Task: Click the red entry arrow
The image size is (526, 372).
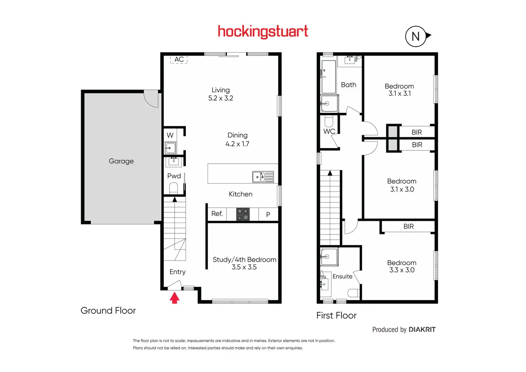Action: pyautogui.click(x=174, y=298)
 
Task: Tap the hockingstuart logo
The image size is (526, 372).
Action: pyautogui.click(x=263, y=32)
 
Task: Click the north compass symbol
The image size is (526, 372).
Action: pyautogui.click(x=416, y=36)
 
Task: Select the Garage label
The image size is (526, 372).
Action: pyautogui.click(x=121, y=161)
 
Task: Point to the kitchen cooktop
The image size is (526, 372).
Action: pyautogui.click(x=243, y=214)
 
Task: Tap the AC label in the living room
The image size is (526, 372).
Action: pyautogui.click(x=179, y=59)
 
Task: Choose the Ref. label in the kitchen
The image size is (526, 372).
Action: pyautogui.click(x=217, y=214)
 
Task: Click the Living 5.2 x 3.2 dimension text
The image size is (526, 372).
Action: pyautogui.click(x=221, y=98)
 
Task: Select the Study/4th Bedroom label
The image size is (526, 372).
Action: pyautogui.click(x=244, y=259)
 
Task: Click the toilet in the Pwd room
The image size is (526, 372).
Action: pyautogui.click(x=173, y=188)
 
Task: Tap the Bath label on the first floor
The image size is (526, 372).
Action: pyautogui.click(x=348, y=85)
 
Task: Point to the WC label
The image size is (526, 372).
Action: pyautogui.click(x=329, y=131)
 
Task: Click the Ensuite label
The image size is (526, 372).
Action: pyautogui.click(x=342, y=276)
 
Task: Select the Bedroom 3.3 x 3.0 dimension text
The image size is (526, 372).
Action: pyautogui.click(x=402, y=270)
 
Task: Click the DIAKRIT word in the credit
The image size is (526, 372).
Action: pyautogui.click(x=422, y=329)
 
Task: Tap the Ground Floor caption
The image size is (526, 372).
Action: pyautogui.click(x=108, y=311)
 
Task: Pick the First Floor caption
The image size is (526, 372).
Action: pyautogui.click(x=336, y=316)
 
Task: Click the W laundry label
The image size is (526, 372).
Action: pyautogui.click(x=170, y=135)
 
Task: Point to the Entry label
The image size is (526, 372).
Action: pyautogui.click(x=178, y=272)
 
